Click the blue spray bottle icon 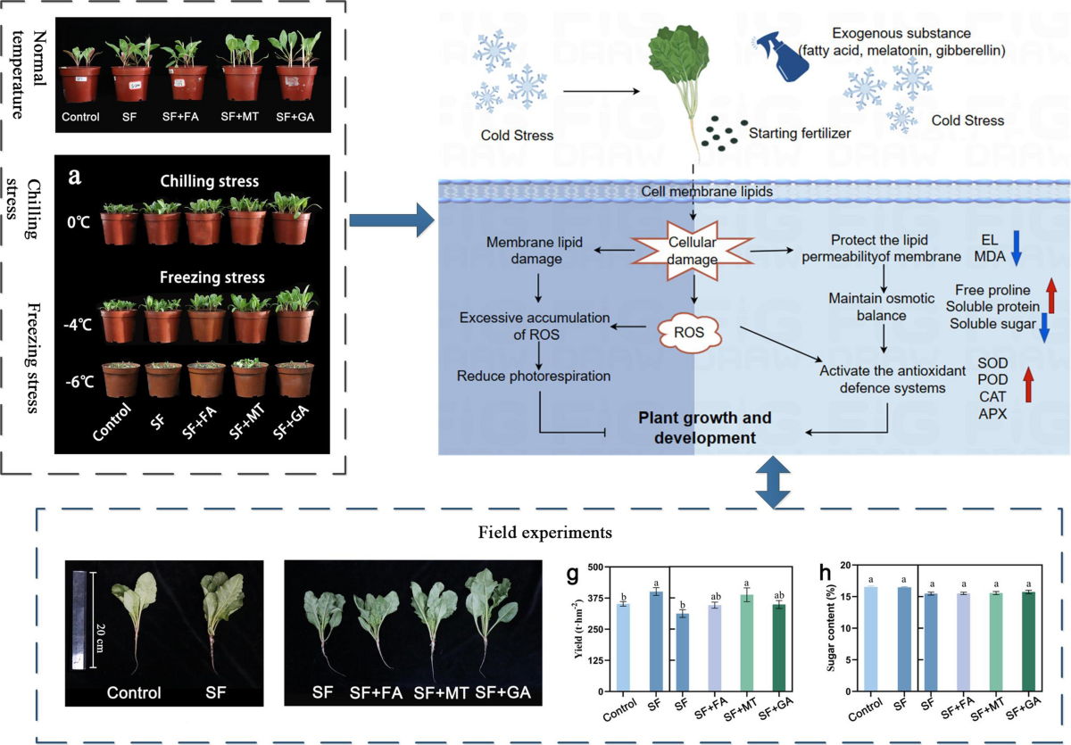[782, 56]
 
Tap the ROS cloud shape [689, 333]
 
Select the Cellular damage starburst [692, 251]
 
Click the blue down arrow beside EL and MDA [1017, 248]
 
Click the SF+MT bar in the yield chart [746, 642]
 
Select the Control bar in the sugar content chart [871, 639]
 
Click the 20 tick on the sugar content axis [846, 566]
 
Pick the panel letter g [572, 575]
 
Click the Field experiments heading [545, 533]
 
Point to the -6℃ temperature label [79, 382]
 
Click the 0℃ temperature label [79, 222]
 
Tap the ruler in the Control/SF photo [79, 620]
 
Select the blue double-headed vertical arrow [773, 482]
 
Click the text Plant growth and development [705, 427]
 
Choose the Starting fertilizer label [800, 133]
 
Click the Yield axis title [579, 629]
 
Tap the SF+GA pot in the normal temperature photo [297, 84]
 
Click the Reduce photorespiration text [534, 377]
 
